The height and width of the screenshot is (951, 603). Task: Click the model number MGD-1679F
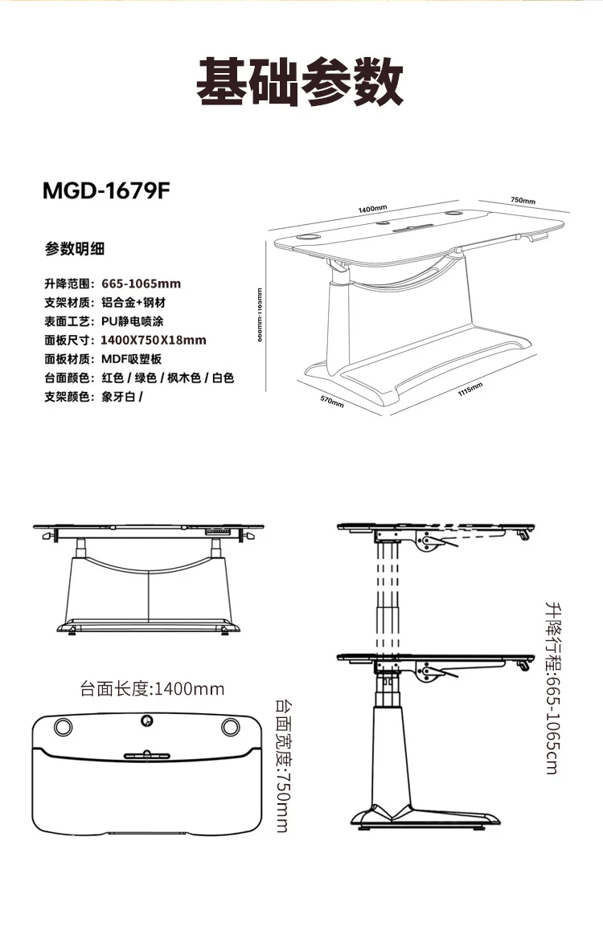point(107,192)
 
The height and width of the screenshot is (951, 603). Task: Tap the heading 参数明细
point(75,248)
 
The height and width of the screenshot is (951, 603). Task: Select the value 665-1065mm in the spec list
point(142,284)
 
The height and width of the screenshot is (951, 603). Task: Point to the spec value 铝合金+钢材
point(134,303)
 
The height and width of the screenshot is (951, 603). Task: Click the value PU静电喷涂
point(133,321)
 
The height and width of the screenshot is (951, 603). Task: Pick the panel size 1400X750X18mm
point(154,340)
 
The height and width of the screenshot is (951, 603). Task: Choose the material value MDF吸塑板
point(132,359)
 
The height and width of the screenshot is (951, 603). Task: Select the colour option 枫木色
point(183,378)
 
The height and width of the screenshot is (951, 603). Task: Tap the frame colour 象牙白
point(118,397)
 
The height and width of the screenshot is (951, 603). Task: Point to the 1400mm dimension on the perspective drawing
point(372,209)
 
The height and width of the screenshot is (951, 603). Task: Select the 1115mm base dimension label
point(470,390)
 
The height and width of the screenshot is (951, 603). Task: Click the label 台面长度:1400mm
point(152,688)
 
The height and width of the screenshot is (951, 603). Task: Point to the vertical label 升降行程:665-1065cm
point(551,688)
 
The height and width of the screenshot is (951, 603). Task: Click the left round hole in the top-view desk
point(62,727)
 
